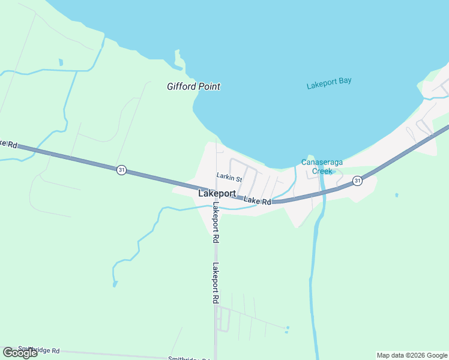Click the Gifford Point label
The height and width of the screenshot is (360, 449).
[193, 86]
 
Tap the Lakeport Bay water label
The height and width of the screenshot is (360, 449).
[329, 83]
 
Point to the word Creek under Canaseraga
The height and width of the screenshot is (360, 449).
[321, 171]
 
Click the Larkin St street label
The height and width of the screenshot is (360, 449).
[229, 178]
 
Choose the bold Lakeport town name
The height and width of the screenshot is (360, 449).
[217, 194]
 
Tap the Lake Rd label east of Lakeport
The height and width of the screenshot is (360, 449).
[258, 201]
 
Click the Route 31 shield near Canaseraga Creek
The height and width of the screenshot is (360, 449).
[357, 181]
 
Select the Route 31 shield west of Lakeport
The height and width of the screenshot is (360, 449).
[122, 170]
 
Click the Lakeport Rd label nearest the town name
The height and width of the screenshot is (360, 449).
[215, 222]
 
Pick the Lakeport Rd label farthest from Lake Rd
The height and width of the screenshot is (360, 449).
[215, 283]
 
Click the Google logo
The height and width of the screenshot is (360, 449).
[20, 353]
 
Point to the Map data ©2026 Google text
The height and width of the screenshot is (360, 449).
[412, 355]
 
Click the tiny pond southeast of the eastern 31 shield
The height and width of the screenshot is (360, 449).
[397, 195]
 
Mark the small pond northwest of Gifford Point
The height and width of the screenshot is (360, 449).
[61, 62]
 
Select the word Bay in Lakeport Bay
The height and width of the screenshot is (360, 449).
[345, 81]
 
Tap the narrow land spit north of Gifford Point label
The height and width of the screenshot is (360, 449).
[178, 59]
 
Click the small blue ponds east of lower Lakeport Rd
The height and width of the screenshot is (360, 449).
[287, 329]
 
